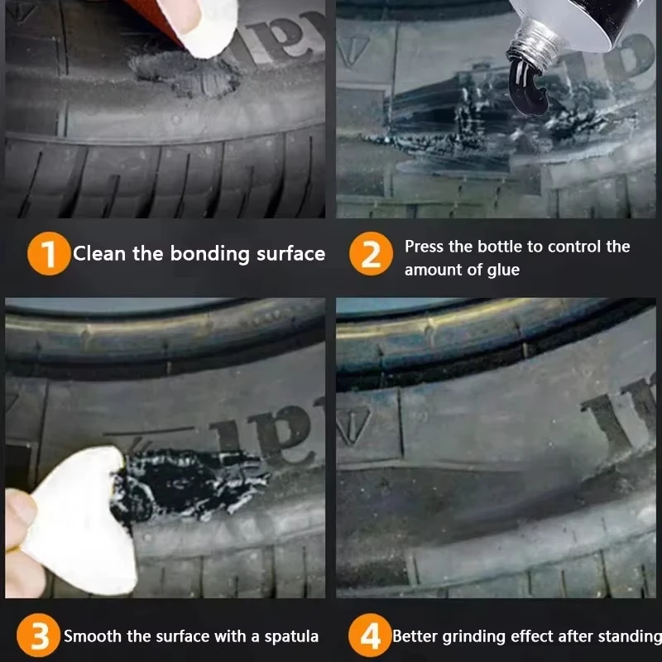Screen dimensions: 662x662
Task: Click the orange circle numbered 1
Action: pos(49,253)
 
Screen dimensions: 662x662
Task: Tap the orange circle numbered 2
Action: pos(371,253)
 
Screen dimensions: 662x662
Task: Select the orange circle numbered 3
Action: pos(38,636)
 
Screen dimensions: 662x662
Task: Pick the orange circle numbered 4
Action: pos(370,636)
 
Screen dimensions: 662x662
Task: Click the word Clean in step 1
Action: pos(99,253)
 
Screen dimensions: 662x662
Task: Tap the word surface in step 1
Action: pos(291,253)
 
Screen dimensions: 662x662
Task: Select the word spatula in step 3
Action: pos(291,636)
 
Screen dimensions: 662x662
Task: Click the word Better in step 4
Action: pos(415,636)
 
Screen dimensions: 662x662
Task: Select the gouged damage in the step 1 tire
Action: pos(185,74)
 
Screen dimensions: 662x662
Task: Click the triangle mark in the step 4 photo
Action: pos(354,425)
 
